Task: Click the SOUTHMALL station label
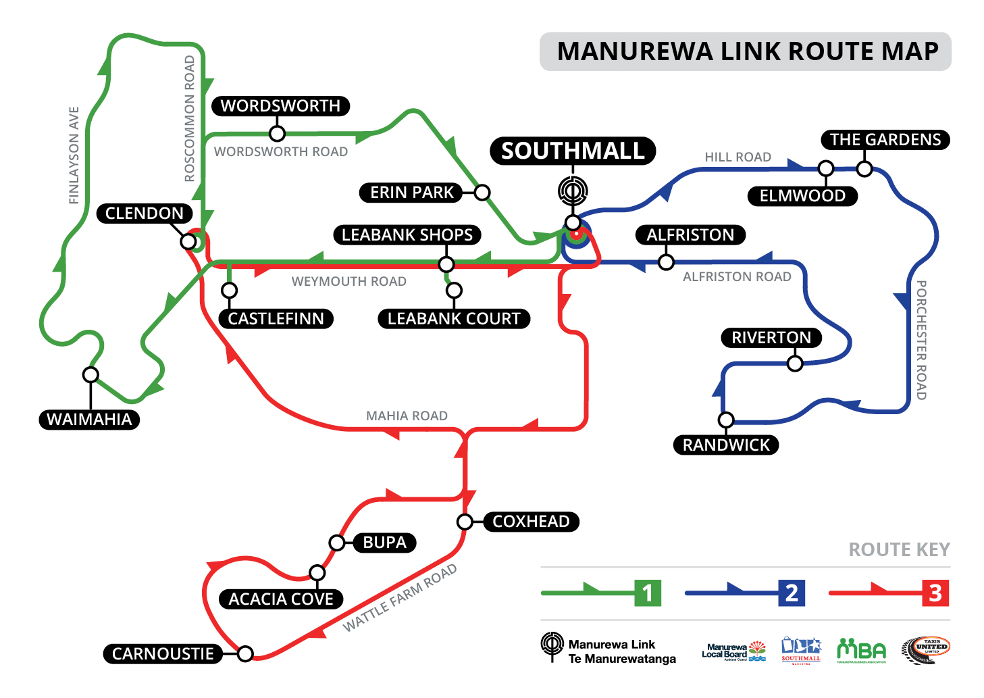coord(573,151)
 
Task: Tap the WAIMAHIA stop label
coord(89,420)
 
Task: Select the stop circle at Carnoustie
coord(245,653)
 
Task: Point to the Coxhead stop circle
coord(465,522)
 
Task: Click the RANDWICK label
coord(726,445)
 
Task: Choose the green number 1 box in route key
coord(647,593)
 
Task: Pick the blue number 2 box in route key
coord(792,593)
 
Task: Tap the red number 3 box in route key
coord(935,593)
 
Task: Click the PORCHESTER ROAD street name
coord(921,340)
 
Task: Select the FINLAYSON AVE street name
coord(74,155)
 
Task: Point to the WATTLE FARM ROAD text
coord(400,598)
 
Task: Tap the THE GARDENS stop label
coord(885,140)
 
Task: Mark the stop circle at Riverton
coord(795,364)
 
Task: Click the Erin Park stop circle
coord(482,193)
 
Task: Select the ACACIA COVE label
coord(281,599)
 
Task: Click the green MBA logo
coord(861,651)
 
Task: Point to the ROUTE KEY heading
coord(899,549)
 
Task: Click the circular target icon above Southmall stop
coord(573,190)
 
